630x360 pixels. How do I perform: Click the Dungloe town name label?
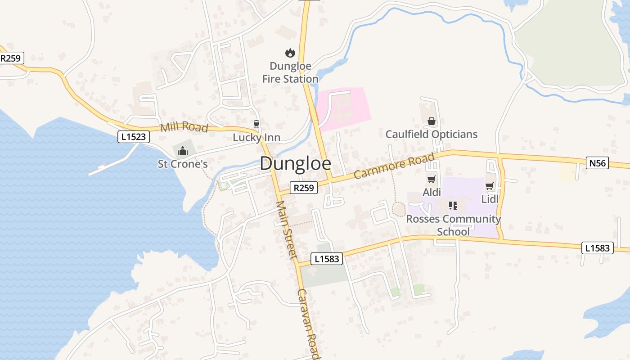coord(295,164)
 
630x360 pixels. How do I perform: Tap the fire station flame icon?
coord(290,53)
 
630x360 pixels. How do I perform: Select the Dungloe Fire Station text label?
coord(290,72)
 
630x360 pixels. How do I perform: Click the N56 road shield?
coord(598,163)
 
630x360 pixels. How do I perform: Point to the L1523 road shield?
coord(134,137)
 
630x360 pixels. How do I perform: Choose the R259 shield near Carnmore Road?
coord(303,188)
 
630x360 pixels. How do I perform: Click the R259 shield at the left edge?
coord(11,58)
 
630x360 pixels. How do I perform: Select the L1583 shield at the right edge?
coord(598,247)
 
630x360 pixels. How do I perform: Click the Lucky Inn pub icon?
coord(256,124)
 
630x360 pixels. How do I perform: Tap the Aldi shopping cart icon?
coord(431,180)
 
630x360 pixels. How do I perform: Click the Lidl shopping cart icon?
coord(490,186)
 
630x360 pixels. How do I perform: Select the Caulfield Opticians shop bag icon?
coord(431,121)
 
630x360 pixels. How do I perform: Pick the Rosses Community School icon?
coord(453,206)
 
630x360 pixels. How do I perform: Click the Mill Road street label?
coord(184,127)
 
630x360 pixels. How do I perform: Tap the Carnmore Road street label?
coord(394,166)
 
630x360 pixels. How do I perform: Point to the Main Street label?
coord(287,229)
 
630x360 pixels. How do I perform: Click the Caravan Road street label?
coord(308,323)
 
